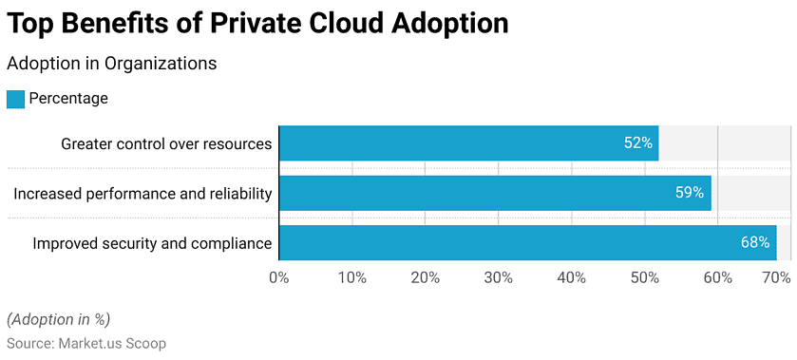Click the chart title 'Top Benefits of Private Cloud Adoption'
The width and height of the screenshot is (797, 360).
pos(257,24)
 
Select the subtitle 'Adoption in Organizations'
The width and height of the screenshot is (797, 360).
pos(112,64)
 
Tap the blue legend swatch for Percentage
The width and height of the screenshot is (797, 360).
pos(15,99)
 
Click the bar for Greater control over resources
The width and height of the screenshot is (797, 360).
pos(468,143)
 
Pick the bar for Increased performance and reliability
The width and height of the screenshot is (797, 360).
pos(494,193)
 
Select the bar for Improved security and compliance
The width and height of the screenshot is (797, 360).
pos(527,243)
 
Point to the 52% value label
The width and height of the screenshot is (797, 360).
pos(637,143)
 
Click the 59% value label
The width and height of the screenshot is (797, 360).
pos(689,193)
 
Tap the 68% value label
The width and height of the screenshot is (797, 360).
pos(755,243)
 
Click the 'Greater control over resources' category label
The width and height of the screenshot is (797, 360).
pos(166,144)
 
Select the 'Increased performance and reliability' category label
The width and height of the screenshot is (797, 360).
pos(142,194)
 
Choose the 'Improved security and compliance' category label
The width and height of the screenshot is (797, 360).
pos(152,244)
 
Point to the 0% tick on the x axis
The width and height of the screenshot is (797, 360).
pos(279,277)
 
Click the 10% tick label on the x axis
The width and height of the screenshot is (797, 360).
pos(352,277)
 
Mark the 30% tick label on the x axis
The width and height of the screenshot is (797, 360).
pos(499,277)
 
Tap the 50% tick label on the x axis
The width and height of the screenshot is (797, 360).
pos(645,277)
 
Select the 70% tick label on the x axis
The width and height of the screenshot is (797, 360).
pos(776,277)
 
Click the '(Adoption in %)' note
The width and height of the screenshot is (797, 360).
pos(58,319)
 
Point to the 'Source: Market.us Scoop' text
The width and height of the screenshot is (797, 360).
pos(86,342)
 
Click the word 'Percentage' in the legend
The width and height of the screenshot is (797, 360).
pos(68,99)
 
